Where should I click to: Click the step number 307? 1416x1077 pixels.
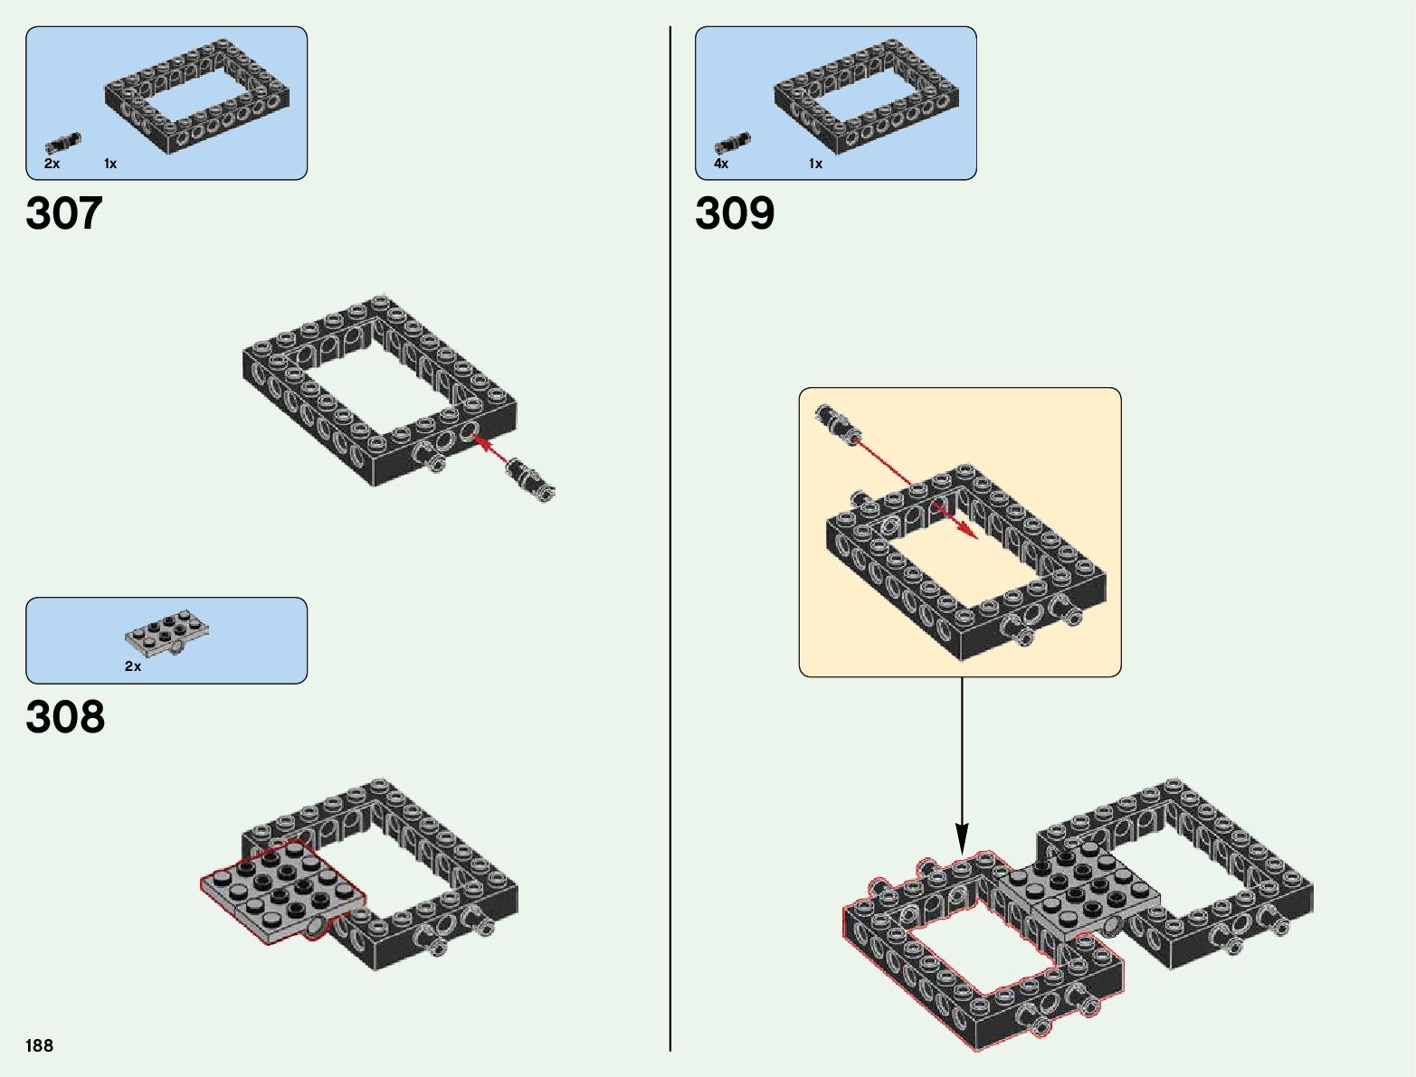(64, 213)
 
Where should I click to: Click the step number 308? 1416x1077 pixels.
(65, 716)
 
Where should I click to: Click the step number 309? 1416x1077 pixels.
(735, 213)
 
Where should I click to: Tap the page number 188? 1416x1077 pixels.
(39, 1045)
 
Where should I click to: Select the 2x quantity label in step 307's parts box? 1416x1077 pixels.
(52, 164)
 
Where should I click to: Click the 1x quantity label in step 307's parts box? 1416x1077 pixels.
(110, 164)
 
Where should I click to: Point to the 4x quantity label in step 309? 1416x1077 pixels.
(721, 164)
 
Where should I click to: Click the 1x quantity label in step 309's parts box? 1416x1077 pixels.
(815, 164)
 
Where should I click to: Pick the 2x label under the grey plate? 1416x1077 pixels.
(133, 666)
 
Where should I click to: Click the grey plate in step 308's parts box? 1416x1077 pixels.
(166, 634)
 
